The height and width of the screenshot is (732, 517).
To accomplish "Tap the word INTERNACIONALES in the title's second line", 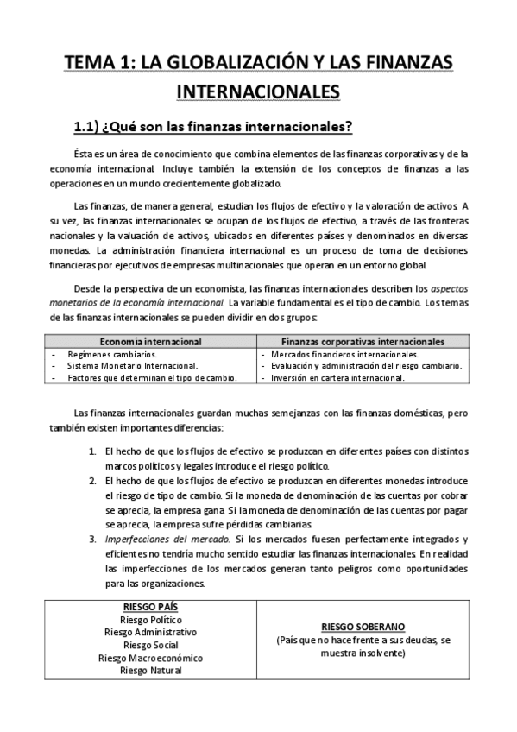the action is tap(258, 91).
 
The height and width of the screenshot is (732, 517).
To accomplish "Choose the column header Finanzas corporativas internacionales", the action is tap(363, 342).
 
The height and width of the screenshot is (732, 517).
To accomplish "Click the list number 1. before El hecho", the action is tap(94, 451).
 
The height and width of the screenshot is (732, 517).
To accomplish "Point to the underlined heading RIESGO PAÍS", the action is tap(151, 606).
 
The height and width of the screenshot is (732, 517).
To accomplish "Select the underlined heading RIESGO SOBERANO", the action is tap(363, 626).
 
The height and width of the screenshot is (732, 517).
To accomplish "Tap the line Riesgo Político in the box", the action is tap(151, 619).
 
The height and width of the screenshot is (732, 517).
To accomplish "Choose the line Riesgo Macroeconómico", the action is tap(151, 657).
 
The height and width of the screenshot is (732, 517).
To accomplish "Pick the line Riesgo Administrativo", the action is tap(151, 632).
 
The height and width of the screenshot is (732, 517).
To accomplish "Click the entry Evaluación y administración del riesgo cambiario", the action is tap(365, 365).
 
